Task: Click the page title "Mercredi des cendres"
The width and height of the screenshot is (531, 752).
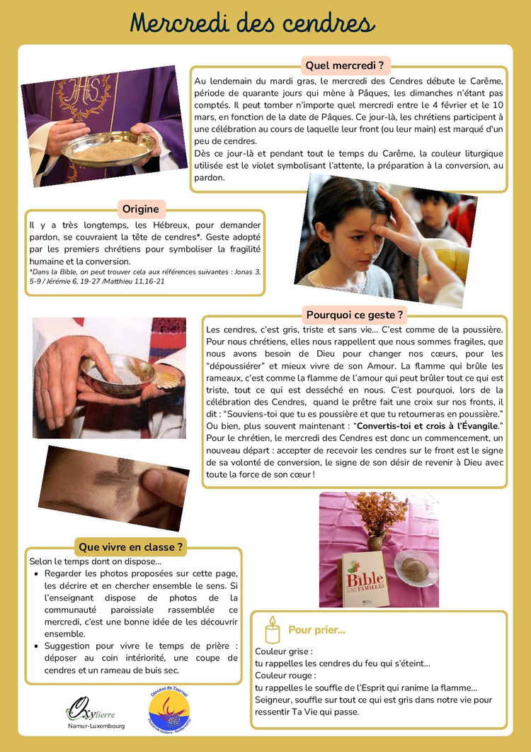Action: [252, 23]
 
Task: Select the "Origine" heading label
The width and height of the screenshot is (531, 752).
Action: [140, 208]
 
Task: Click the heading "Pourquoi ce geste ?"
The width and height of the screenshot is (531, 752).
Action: [355, 315]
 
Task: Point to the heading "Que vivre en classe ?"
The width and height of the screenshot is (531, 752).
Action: [131, 547]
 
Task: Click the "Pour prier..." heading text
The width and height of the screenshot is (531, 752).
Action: [316, 630]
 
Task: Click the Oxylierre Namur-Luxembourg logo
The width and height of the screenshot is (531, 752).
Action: [95, 712]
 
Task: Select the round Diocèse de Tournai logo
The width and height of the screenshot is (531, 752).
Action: [169, 709]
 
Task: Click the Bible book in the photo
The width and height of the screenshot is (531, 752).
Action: [365, 579]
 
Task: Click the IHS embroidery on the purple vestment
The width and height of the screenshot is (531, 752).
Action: [85, 92]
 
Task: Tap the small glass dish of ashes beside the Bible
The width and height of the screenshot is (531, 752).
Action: [415, 570]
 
